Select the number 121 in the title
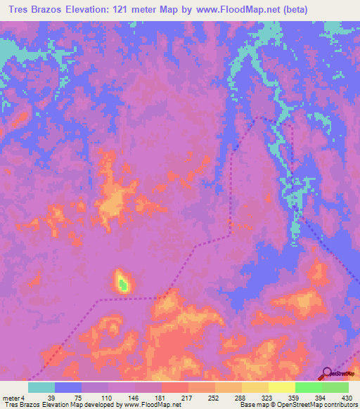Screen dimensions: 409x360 (x=143, y=9)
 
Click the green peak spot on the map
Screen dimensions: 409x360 (x=123, y=284)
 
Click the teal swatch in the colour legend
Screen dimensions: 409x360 (x=41, y=387)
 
